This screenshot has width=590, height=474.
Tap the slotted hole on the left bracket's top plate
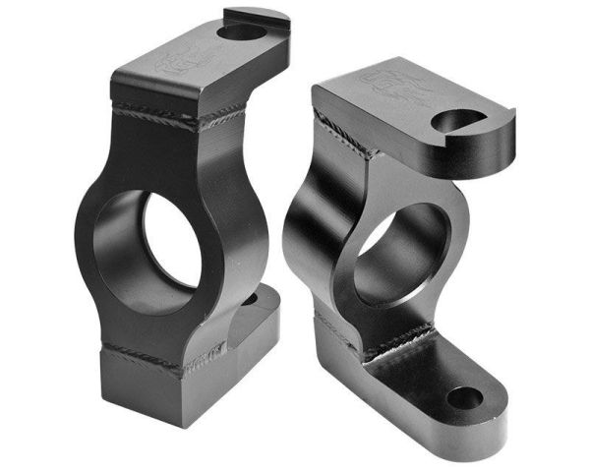(x=237, y=32)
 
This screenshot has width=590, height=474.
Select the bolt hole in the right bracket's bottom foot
(x=466, y=399)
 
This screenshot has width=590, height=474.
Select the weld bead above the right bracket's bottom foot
(x=393, y=339)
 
